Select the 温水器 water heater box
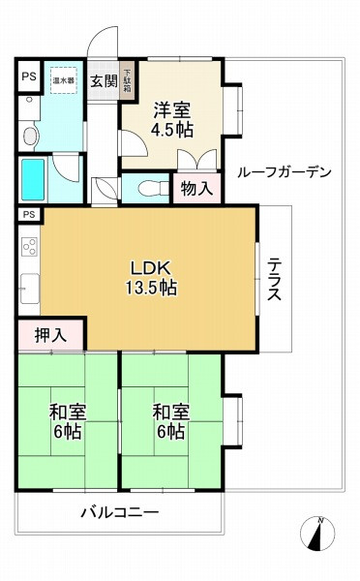[64, 80]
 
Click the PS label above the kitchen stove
[29, 214]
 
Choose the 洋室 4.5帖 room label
[170, 117]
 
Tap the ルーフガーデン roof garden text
[284, 172]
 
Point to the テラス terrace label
[274, 279]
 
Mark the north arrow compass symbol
[319, 535]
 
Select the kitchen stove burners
[28, 248]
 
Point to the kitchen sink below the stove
[27, 288]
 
